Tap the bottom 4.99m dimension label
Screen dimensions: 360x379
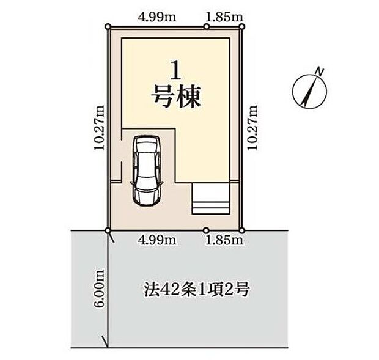click(x=158, y=240)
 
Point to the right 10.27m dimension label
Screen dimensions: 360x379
click(x=252, y=127)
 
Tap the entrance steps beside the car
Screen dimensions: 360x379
click(x=211, y=199)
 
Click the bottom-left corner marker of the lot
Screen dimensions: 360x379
click(x=108, y=230)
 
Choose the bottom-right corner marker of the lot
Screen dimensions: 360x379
click(x=243, y=230)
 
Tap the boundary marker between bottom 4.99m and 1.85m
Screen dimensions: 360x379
click(x=204, y=230)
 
